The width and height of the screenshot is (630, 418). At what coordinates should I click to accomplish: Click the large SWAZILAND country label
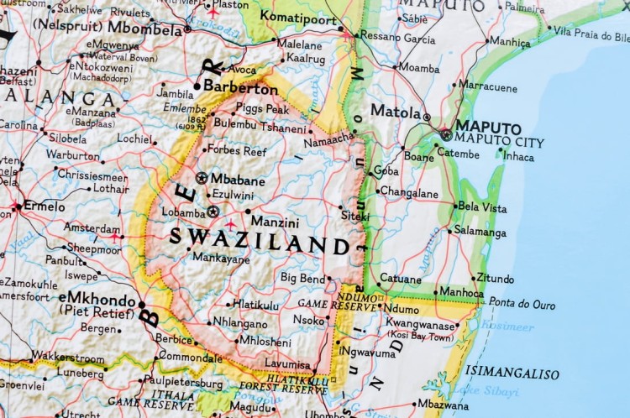pyautogui.click(x=260, y=241)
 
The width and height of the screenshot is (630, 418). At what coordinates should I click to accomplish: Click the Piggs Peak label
pyautogui.click(x=262, y=109)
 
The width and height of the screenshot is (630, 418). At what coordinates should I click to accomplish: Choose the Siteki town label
pyautogui.click(x=354, y=216)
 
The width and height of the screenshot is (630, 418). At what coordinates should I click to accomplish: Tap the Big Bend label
pyautogui.click(x=302, y=278)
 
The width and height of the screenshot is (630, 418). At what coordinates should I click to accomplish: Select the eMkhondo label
pyautogui.click(x=97, y=299)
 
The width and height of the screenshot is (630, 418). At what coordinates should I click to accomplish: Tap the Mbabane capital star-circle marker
pyautogui.click(x=202, y=178)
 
